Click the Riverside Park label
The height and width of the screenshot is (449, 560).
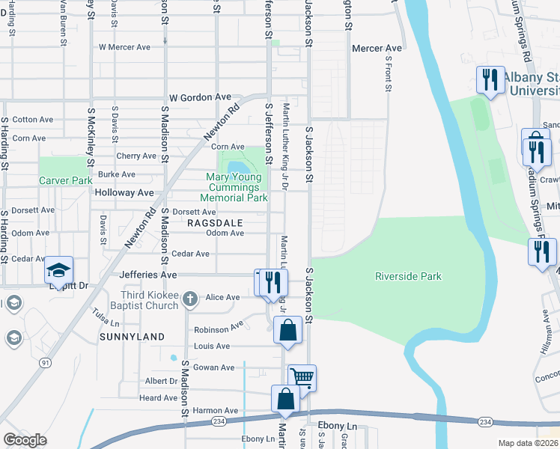coord(408,276)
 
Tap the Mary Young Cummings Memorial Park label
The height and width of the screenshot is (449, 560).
coord(234,188)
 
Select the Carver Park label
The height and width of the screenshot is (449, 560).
coord(65,180)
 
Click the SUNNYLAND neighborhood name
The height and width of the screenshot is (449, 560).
coord(132,337)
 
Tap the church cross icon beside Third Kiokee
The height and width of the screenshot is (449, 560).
coord(190,299)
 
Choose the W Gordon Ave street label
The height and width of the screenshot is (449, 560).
coord(200,97)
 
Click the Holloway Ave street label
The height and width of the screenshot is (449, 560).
coord(124,192)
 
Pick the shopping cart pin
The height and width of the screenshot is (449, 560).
coord(302,377)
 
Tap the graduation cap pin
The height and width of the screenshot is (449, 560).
coord(59,271)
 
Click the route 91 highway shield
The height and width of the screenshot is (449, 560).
coord(46,363)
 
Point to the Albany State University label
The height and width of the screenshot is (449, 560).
coord(531,84)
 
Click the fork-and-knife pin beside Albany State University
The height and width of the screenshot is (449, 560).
coord(490,79)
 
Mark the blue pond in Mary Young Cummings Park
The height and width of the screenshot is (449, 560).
coord(237,166)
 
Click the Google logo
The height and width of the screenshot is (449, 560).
coord(25,440)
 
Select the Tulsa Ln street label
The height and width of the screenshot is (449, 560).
coord(106,317)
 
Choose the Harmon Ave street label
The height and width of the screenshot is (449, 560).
coord(215,411)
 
